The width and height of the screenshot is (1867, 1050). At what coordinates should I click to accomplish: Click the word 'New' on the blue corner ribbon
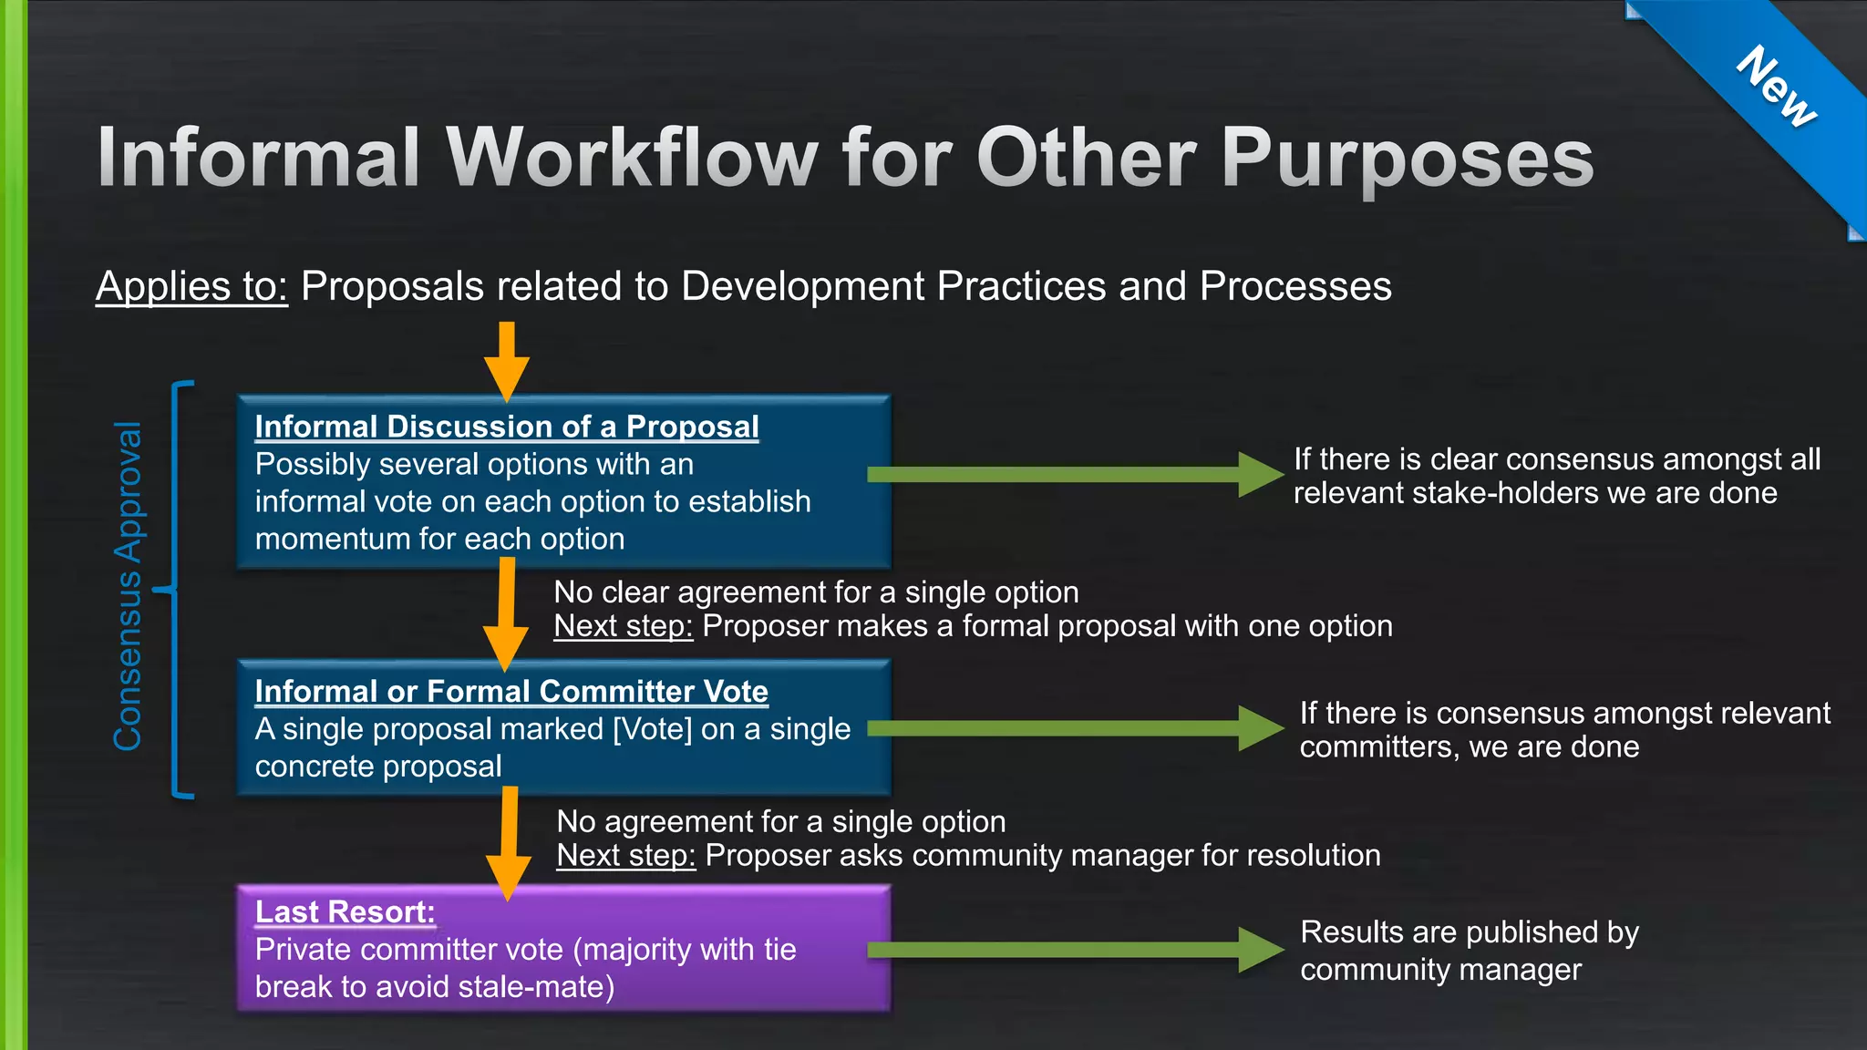(x=1776, y=87)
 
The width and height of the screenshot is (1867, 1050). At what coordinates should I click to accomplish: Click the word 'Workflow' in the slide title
(x=633, y=158)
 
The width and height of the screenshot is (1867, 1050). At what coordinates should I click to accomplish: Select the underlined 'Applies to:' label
(x=191, y=286)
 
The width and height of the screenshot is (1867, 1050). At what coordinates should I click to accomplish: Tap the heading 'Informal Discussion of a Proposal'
(x=506, y=427)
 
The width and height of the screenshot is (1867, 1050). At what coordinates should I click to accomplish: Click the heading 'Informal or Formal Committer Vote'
(x=511, y=692)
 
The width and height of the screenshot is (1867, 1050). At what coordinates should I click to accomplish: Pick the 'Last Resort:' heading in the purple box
(x=345, y=912)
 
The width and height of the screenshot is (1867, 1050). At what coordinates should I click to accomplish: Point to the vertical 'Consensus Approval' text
(x=128, y=586)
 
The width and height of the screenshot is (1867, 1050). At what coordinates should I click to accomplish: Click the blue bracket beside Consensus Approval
(x=177, y=590)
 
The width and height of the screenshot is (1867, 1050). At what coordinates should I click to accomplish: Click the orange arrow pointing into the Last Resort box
(x=509, y=843)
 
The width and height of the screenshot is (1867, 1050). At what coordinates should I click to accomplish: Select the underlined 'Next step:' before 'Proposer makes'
(x=623, y=626)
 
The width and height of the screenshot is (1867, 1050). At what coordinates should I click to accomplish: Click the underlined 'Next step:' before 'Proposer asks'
(x=625, y=856)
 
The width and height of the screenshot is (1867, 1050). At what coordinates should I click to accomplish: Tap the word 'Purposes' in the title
(x=1407, y=158)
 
